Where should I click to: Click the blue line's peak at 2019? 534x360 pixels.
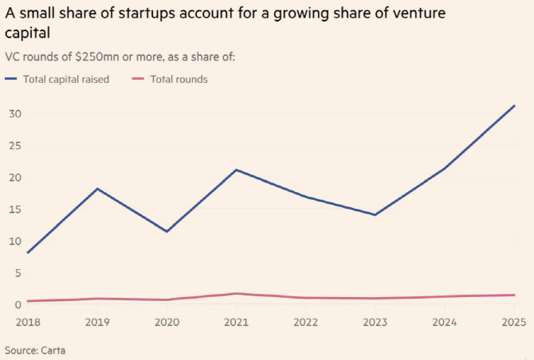(x=97, y=189)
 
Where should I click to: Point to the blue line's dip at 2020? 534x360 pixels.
(x=167, y=231)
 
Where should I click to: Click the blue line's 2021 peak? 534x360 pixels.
(x=236, y=170)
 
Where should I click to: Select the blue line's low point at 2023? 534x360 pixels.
(x=375, y=215)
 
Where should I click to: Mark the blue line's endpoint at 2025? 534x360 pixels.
(x=514, y=105)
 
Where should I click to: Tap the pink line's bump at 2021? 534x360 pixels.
(x=236, y=293)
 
